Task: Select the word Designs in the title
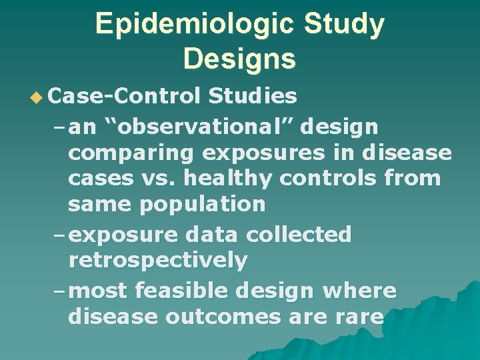[239, 59]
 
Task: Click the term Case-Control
[125, 97]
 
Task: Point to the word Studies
[253, 97]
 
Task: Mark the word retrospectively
[157, 260]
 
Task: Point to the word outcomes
[223, 317]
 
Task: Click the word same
[100, 204]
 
